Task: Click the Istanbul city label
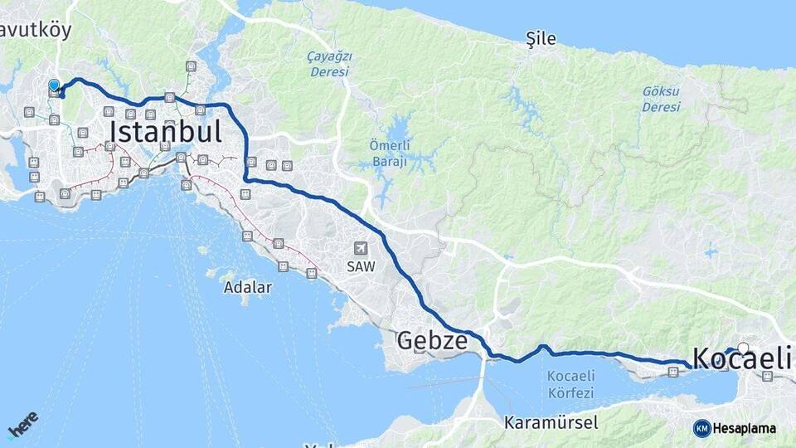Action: point(165,133)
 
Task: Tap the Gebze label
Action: point(431,340)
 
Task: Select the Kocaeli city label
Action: point(740,359)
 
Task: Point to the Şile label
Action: point(541,39)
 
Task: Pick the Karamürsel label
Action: point(551,422)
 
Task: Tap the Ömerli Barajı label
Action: point(388,153)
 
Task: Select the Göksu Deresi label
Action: point(661,98)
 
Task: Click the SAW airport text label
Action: point(360,267)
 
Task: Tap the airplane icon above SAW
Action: point(360,248)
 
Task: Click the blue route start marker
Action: point(54,85)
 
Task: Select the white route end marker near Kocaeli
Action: point(743,348)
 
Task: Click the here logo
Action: point(22,424)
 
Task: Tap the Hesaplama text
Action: point(744,428)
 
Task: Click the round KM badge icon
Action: point(701,428)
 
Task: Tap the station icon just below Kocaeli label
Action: point(767,376)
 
